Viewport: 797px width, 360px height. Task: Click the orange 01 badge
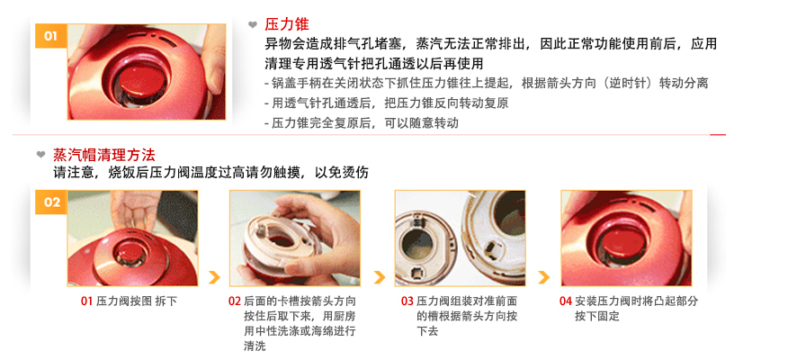click(x=51, y=36)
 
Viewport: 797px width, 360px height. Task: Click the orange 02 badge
click(x=51, y=202)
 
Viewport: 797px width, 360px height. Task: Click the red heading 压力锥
click(x=287, y=24)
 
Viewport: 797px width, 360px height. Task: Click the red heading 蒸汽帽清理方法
click(x=103, y=155)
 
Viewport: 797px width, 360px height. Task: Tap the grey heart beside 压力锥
click(x=253, y=24)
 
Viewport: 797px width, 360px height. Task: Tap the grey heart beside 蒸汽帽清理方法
click(x=40, y=154)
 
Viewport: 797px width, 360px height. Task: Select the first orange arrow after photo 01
click(x=214, y=277)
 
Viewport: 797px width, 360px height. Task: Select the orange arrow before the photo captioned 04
click(x=544, y=277)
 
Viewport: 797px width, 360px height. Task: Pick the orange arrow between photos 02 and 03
click(x=380, y=277)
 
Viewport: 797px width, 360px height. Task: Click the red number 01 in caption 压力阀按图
click(x=86, y=301)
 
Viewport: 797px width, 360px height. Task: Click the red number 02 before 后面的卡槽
click(x=234, y=301)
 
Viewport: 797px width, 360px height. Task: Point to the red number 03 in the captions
click(x=407, y=301)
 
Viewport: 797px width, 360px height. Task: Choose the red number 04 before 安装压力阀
click(x=566, y=301)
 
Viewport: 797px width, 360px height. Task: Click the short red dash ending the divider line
click(x=718, y=135)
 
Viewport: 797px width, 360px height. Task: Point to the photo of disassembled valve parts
click(x=460, y=238)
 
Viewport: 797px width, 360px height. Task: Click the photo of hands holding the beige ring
click(x=295, y=238)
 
